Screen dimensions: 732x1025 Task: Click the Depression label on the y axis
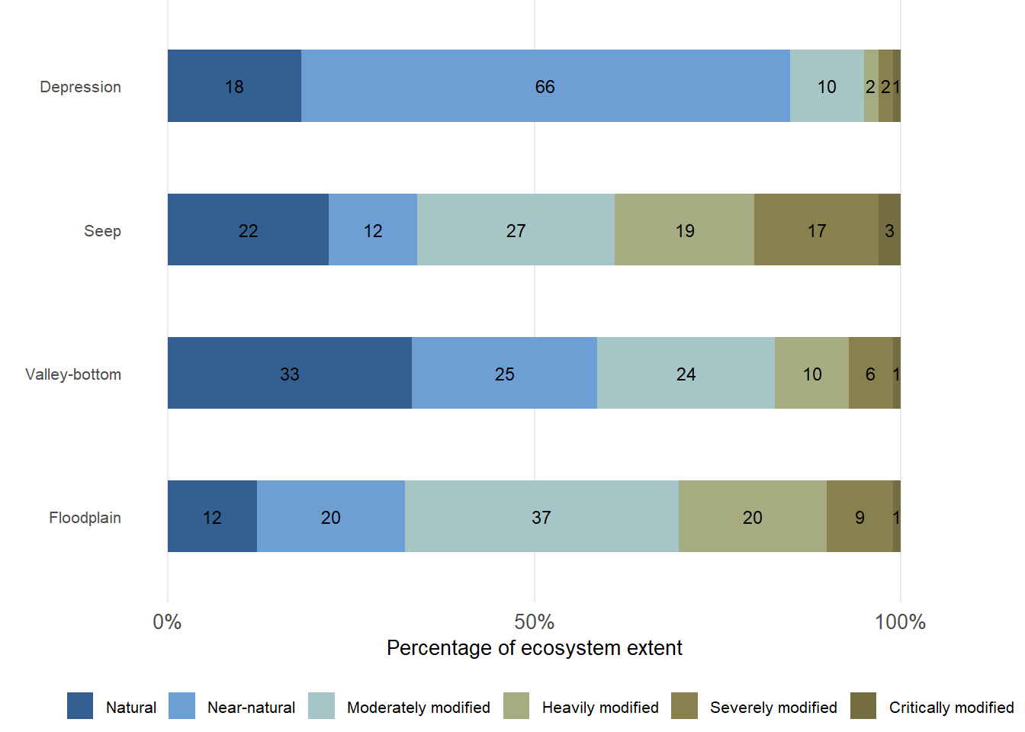[x=80, y=87]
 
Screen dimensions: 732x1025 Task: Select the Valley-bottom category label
[x=73, y=374]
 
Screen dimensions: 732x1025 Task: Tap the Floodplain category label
[x=85, y=518]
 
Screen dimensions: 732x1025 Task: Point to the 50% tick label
[x=534, y=622]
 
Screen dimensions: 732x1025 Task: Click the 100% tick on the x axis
[x=900, y=622]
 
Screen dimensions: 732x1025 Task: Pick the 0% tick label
[x=167, y=622]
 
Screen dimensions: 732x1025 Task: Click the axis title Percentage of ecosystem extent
[x=534, y=648]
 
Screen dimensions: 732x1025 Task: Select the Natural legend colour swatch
[x=80, y=706]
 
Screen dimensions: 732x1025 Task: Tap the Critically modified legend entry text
[x=951, y=708]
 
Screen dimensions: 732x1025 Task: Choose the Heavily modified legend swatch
[x=516, y=706]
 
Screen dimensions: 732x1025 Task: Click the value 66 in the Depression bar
[x=545, y=87]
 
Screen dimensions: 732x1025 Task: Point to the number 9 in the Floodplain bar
[x=860, y=518]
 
